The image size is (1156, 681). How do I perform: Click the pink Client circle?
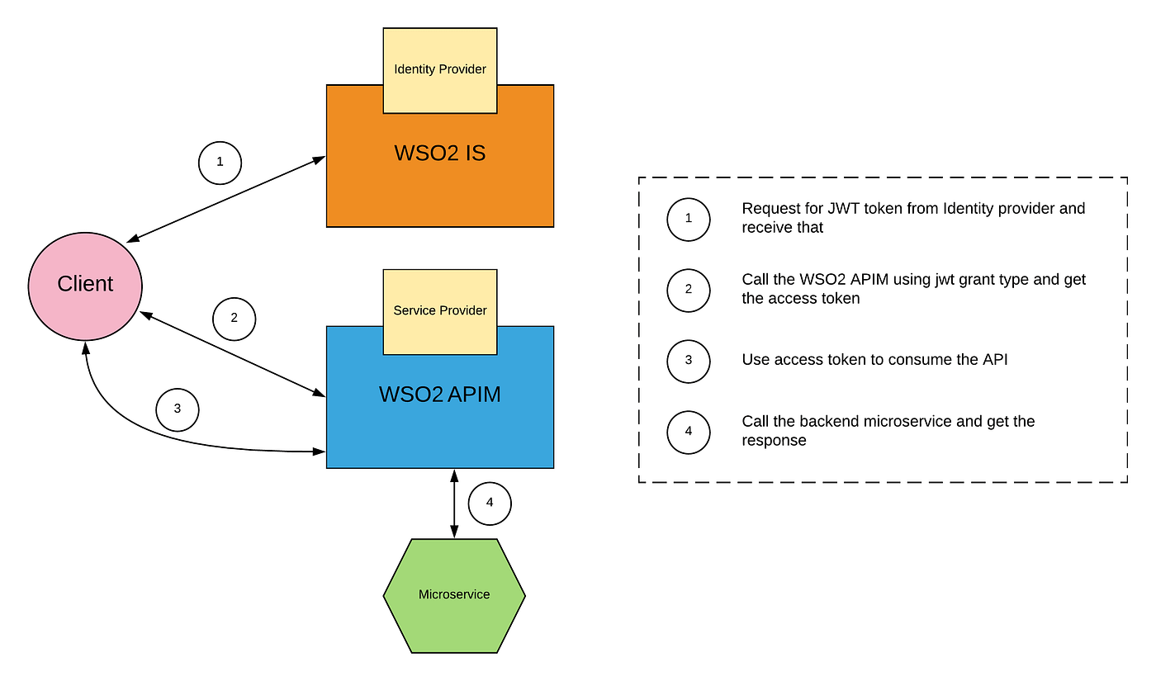coord(85,286)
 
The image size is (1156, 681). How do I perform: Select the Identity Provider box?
coord(440,71)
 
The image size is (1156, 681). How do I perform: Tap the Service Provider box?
coord(440,312)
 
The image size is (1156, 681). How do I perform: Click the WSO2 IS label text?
coord(440,154)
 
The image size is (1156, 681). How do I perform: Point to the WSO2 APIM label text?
coord(440,395)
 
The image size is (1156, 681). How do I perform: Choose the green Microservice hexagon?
coord(454,596)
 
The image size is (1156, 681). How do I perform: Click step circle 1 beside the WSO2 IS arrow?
coord(220,163)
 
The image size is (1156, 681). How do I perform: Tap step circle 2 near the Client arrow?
coord(235,319)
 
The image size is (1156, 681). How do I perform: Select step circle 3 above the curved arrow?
coord(178,410)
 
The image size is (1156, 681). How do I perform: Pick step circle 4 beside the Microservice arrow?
coord(490,504)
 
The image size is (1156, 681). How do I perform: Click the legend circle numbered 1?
coord(689,220)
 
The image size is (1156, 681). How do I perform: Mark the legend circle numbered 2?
coord(689,291)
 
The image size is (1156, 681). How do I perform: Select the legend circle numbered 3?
coord(689,362)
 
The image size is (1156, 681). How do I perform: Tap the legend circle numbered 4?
coord(689,433)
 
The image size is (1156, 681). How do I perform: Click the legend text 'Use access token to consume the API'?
coord(874,360)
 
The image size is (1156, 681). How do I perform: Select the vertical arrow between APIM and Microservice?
coord(454,504)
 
